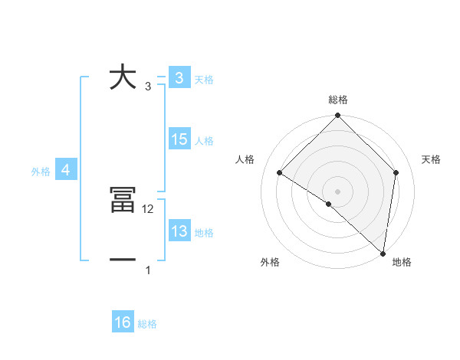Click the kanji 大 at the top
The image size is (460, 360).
[123, 77]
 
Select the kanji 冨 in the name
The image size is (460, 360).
[123, 201]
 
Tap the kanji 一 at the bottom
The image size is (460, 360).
[123, 260]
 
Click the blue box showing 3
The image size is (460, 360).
[179, 78]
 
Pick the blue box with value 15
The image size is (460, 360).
[179, 139]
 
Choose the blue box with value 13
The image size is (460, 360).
[179, 231]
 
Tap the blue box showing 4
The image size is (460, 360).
[65, 170]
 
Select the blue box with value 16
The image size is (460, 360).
[123, 322]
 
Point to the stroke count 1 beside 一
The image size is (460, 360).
[148, 270]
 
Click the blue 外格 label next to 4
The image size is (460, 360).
[41, 172]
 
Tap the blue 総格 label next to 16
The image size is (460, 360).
[147, 324]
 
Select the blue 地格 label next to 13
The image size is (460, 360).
[204, 233]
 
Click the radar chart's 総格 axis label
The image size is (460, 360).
[338, 100]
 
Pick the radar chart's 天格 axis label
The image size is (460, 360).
[432, 159]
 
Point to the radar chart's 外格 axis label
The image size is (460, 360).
[270, 263]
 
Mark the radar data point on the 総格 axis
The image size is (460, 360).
[337, 116]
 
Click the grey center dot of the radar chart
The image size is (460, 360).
[337, 191]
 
